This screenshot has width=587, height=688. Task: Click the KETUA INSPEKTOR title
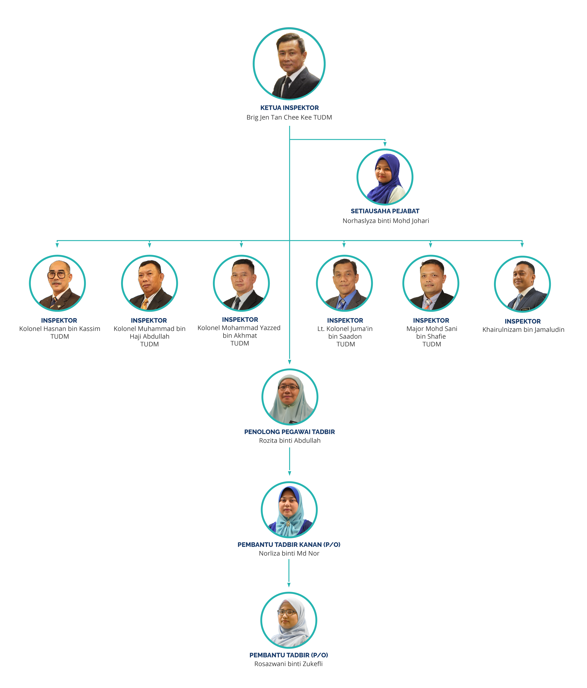[289, 108]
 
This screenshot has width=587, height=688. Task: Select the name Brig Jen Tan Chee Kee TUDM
[289, 117]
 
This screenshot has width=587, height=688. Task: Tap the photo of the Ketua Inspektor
[289, 64]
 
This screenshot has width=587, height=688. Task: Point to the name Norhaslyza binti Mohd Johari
[386, 221]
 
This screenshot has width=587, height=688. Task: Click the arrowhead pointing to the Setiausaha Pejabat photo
[385, 144]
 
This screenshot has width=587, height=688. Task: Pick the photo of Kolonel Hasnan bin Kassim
[57, 283]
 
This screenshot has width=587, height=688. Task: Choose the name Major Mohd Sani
[432, 329]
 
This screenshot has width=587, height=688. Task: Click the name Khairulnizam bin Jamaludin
[523, 330]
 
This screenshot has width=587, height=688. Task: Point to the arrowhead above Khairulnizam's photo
[522, 245]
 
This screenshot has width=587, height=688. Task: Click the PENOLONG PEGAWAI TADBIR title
[289, 432]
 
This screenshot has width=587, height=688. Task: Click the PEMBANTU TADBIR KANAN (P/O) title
[289, 545]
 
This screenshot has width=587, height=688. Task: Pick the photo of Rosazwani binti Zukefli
[289, 620]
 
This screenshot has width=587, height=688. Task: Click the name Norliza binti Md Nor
[289, 553]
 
